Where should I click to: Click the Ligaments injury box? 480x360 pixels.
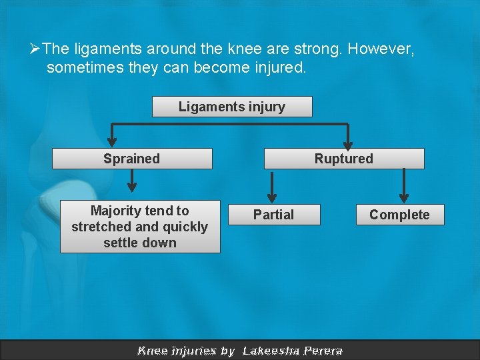[231, 107]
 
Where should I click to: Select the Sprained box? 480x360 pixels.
[132, 159]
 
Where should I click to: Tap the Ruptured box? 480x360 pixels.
[344, 159]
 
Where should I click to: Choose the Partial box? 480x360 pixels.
[273, 215]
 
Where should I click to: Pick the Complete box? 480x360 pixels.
[399, 215]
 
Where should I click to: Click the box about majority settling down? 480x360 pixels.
[140, 227]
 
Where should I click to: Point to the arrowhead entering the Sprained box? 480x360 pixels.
[112, 141]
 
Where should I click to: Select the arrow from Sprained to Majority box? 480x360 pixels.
[132, 179]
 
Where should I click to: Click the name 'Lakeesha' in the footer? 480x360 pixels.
[271, 351]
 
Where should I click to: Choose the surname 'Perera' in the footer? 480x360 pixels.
[323, 351]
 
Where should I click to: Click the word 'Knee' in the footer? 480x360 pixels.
[152, 351]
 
